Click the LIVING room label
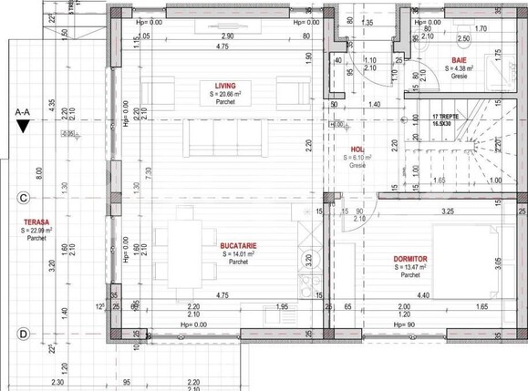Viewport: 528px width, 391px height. [x=225, y=85]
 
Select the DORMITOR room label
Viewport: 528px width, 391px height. [x=411, y=258]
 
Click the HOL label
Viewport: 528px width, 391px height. [x=357, y=149]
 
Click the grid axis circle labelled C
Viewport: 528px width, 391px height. [x=21, y=196]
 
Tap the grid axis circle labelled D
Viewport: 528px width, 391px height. [x=21, y=334]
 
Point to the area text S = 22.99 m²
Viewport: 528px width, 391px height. [x=36, y=232]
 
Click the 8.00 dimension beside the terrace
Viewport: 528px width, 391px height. [x=39, y=170]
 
